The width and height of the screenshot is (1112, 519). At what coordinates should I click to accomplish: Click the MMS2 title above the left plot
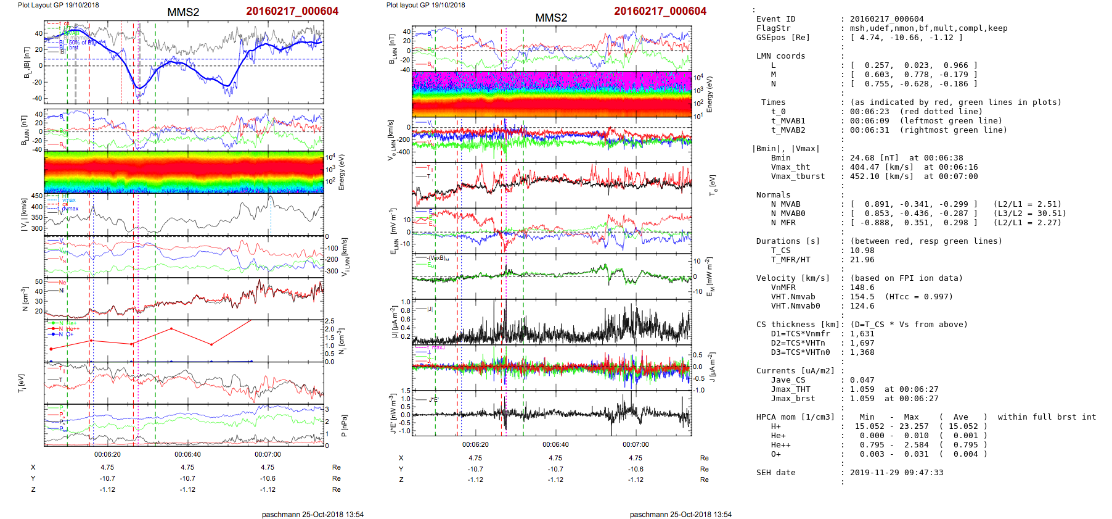click(x=183, y=12)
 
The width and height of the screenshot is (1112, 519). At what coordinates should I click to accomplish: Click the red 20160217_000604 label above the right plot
click(x=660, y=11)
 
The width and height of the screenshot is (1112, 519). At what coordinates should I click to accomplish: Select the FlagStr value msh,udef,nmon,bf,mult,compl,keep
click(x=929, y=28)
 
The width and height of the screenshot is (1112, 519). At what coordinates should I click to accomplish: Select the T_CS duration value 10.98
click(x=862, y=251)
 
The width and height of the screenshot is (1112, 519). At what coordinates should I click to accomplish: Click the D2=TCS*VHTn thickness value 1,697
click(x=862, y=343)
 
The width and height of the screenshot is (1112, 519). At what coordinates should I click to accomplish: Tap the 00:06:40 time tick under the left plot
click(x=187, y=454)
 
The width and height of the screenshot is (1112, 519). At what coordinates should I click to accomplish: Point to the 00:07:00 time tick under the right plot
click(x=636, y=444)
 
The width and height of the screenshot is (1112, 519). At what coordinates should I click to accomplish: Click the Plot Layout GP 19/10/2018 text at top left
click(x=59, y=5)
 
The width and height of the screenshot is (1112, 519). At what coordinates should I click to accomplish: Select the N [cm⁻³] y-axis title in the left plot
click(x=25, y=299)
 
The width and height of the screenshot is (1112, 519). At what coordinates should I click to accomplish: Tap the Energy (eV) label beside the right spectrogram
click(x=709, y=94)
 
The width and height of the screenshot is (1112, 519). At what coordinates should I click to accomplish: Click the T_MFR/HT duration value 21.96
click(x=862, y=260)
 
